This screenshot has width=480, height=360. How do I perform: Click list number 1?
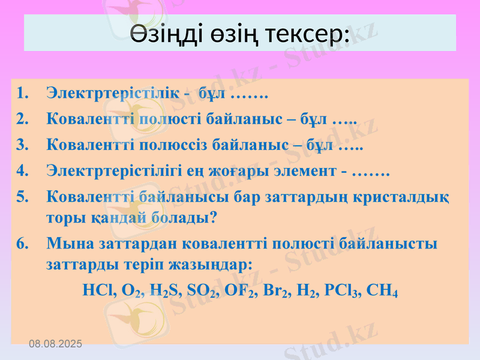(x=22, y=94)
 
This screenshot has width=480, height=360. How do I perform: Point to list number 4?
(x=22, y=172)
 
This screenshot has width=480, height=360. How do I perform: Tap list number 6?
(x=22, y=244)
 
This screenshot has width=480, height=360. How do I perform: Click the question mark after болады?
(x=213, y=218)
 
